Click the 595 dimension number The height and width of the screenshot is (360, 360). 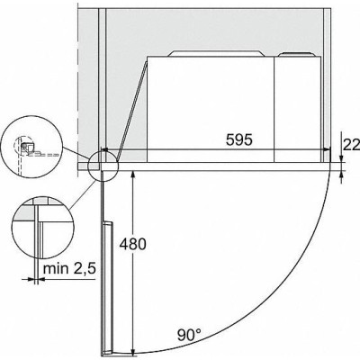point(239,139)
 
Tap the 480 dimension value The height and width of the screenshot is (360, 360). point(132,244)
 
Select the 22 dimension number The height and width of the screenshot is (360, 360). point(351,146)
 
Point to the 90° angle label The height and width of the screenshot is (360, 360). point(189,335)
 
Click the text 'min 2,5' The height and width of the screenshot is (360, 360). point(69,268)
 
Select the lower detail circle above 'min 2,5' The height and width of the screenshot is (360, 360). point(43,228)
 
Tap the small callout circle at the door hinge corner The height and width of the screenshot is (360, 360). point(103,166)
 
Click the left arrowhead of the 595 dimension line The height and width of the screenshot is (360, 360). point(104,149)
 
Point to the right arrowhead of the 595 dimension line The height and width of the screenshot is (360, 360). point(327,149)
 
